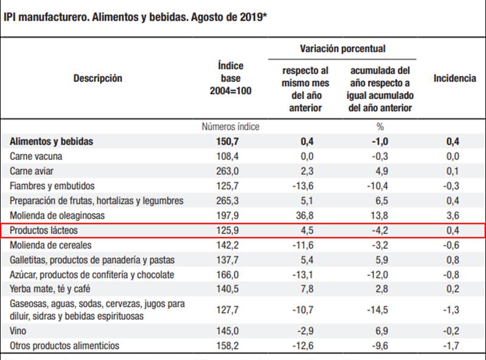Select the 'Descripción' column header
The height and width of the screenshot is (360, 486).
(98, 78)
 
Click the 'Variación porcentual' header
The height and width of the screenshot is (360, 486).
(343, 48)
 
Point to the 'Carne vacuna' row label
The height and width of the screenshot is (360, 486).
(36, 156)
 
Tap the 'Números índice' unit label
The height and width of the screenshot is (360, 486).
(230, 127)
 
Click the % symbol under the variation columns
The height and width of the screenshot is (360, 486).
(382, 127)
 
